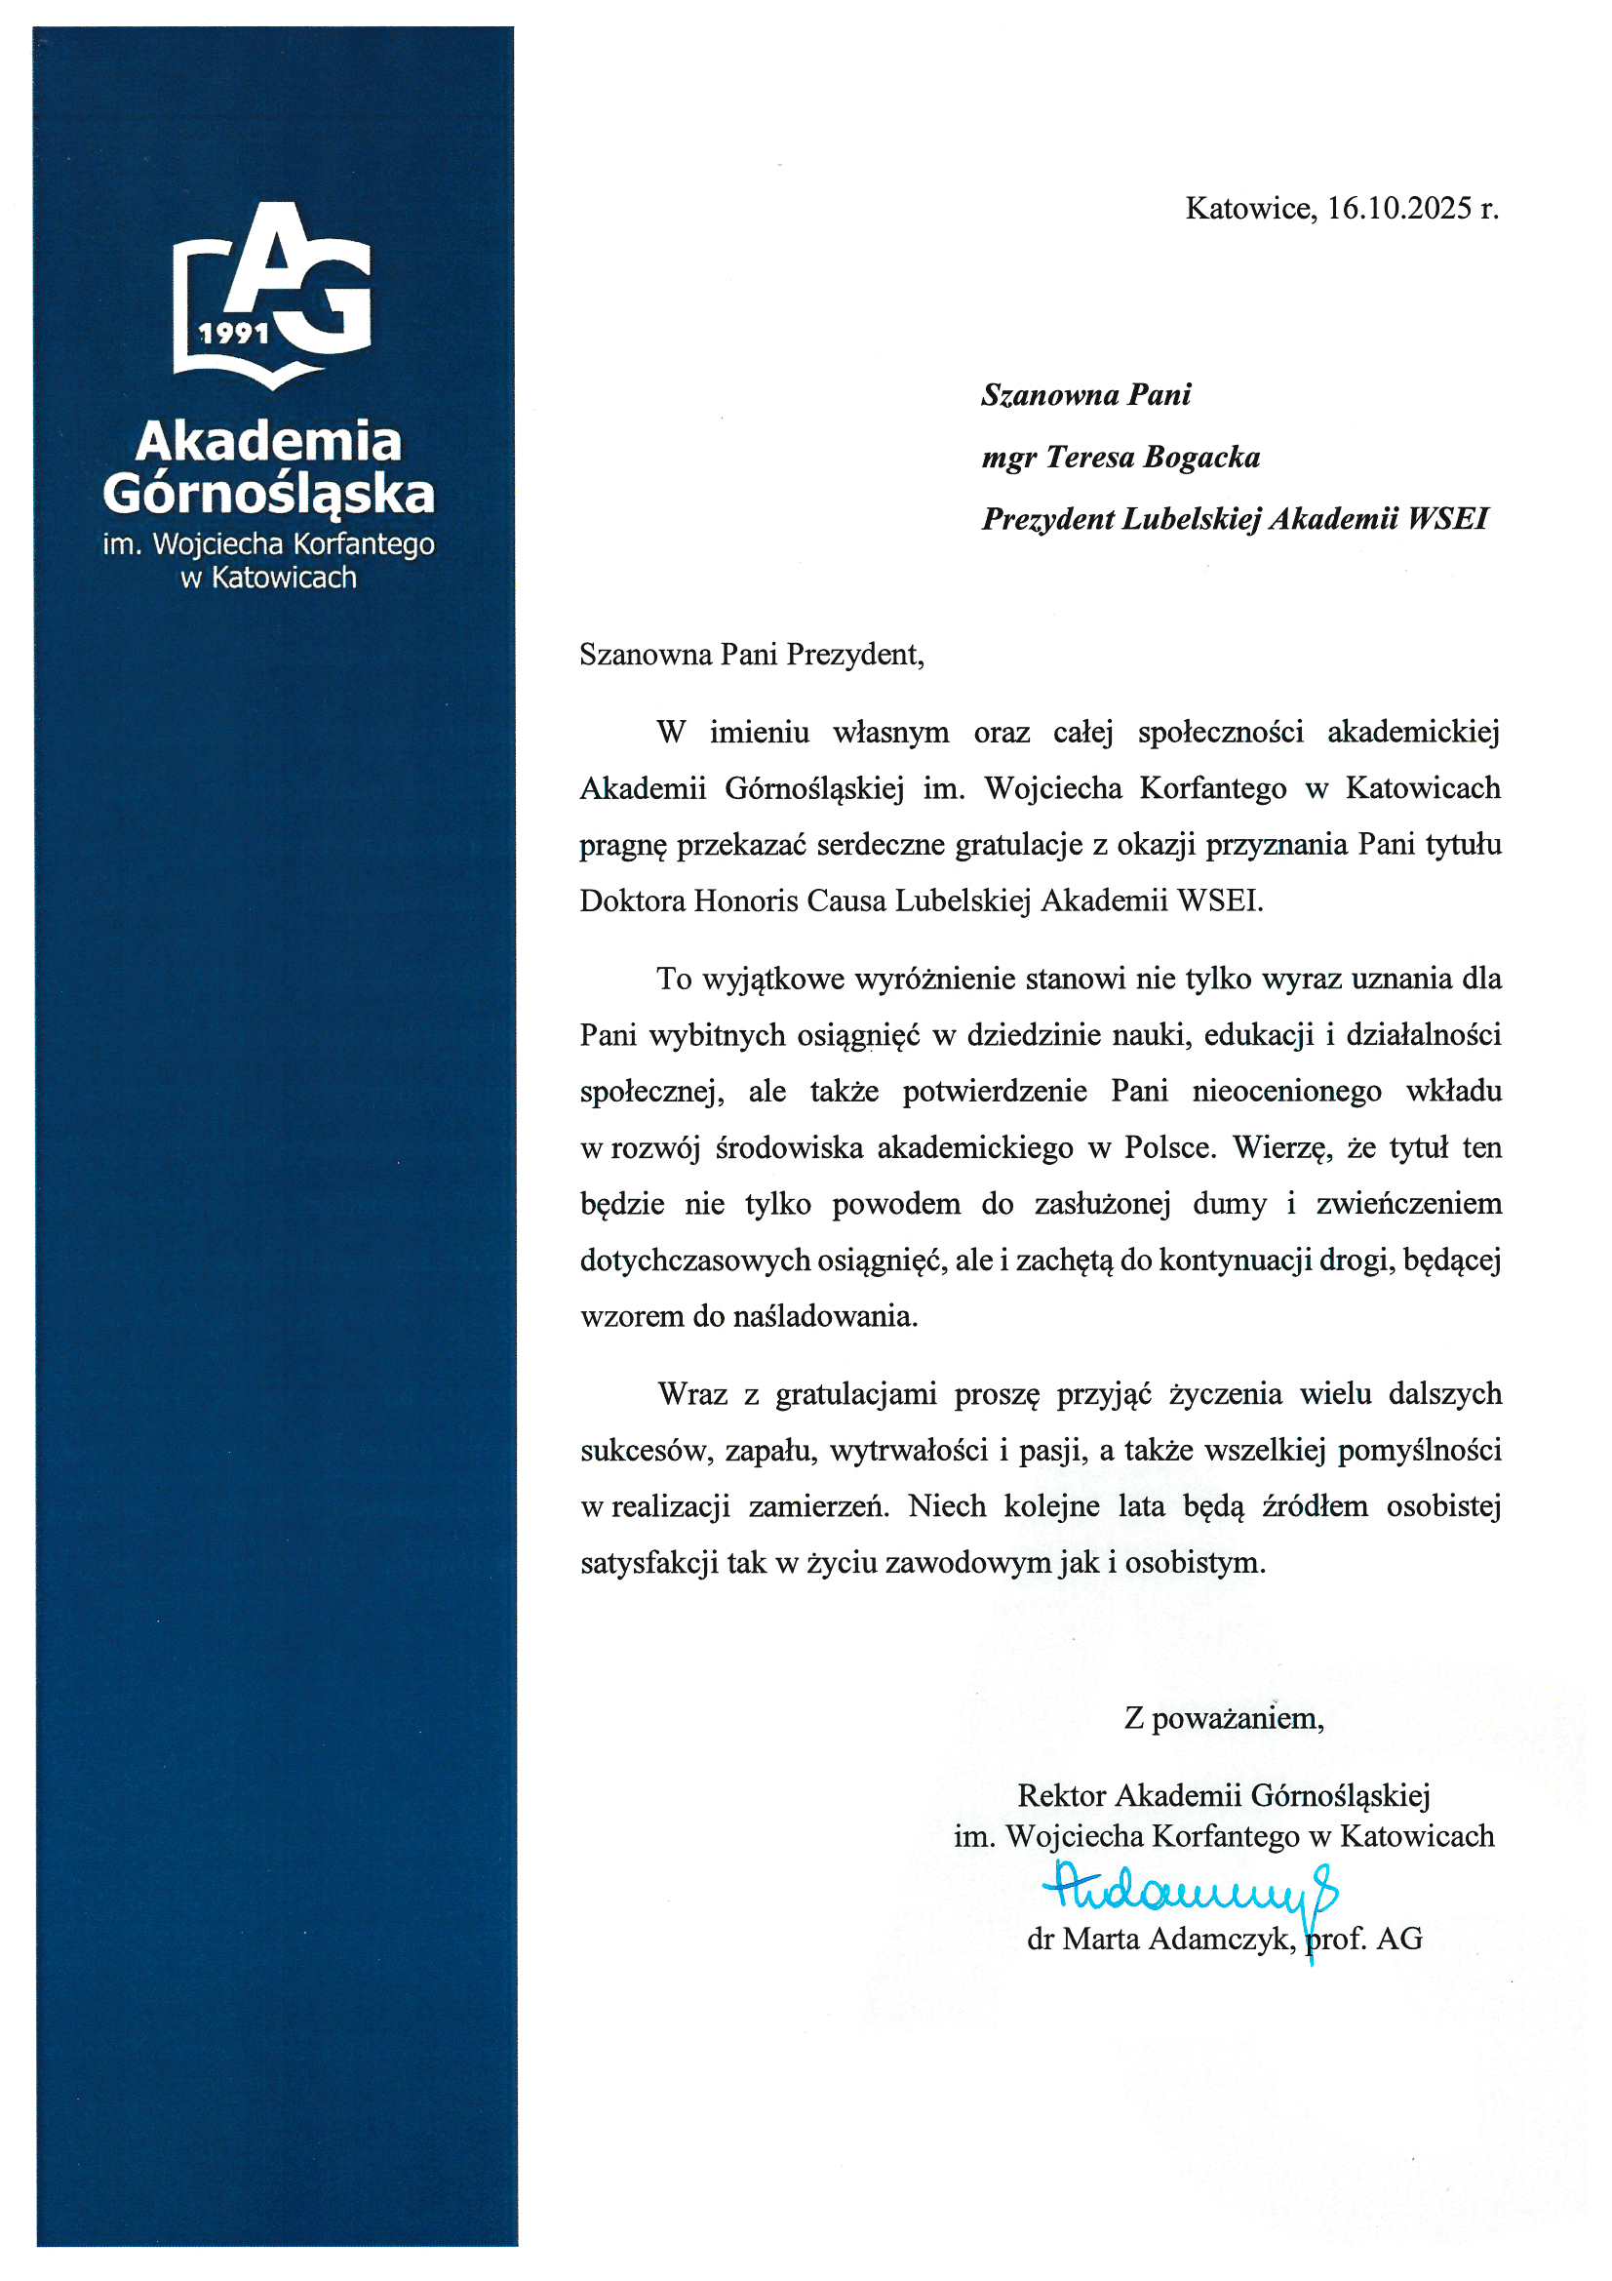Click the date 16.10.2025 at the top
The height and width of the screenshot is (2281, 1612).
(1398, 209)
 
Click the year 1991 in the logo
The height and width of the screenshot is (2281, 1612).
(234, 333)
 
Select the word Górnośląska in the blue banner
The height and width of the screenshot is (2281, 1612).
(268, 494)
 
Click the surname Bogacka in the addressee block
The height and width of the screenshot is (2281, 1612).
(1201, 457)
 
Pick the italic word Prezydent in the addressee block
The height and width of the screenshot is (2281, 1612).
(1046, 519)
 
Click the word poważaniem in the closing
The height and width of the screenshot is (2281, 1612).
(1238, 1718)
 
